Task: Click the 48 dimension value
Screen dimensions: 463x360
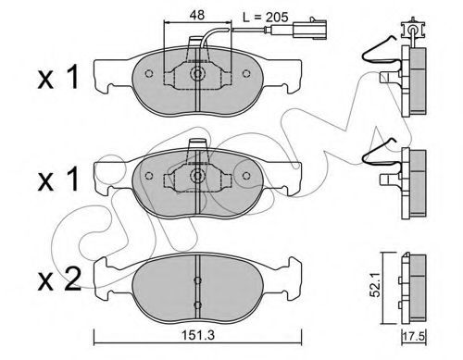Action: [x=197, y=15]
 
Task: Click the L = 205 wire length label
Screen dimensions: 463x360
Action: [x=266, y=18]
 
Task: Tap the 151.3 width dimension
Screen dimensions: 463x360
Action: [x=197, y=335]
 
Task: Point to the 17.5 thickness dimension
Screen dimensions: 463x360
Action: [x=415, y=336]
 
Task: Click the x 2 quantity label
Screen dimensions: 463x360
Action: [x=59, y=279]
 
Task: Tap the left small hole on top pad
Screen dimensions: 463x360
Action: [x=149, y=74]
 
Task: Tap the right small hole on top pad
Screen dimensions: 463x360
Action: [x=246, y=74]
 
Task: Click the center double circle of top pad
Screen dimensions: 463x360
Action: [x=197, y=74]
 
